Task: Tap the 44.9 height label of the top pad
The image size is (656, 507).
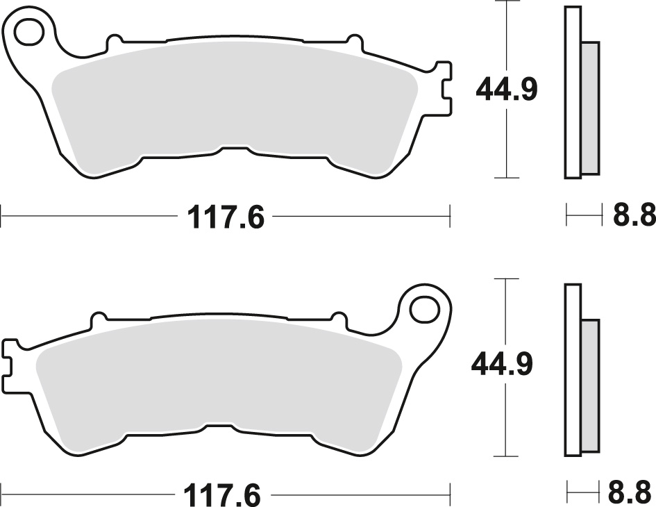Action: (x=506, y=90)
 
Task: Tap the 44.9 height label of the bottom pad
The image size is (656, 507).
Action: (x=501, y=364)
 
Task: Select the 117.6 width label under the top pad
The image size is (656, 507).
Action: (x=226, y=217)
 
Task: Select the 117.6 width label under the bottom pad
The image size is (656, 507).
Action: (x=222, y=495)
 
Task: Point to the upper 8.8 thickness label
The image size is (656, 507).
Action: (x=633, y=216)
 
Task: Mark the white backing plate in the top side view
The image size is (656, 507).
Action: (x=572, y=90)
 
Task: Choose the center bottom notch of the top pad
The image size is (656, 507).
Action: (x=234, y=149)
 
